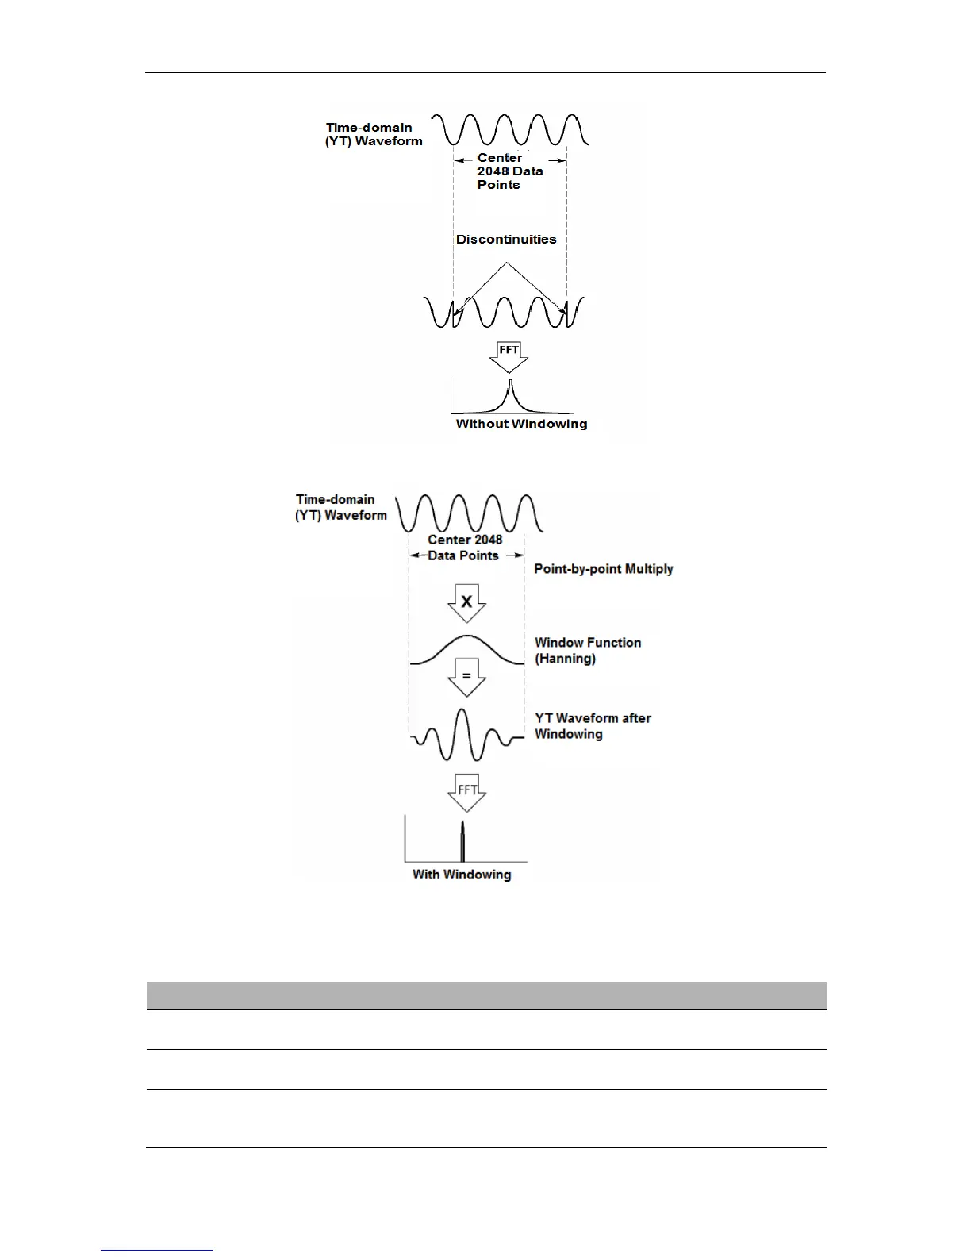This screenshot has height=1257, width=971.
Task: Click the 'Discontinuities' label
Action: (506, 239)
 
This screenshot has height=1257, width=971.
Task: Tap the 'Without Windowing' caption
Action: (521, 424)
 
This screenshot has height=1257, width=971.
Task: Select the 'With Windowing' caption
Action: (462, 875)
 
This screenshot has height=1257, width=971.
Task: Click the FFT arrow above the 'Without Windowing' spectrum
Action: (509, 356)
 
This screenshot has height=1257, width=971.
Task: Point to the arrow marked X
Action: (466, 604)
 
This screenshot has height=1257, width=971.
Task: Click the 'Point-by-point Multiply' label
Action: (604, 569)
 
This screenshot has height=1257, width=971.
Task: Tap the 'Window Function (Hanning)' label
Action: (588, 651)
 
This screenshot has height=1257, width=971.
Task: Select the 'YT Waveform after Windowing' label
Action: (593, 726)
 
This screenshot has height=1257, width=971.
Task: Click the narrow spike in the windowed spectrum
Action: (462, 841)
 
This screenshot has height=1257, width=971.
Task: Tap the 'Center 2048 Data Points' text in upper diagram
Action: (509, 171)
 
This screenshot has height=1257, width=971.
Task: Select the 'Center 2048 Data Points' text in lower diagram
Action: (465, 548)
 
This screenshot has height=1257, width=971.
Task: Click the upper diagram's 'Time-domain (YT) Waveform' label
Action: (374, 134)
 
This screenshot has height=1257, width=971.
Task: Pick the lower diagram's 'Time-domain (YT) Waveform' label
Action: (341, 507)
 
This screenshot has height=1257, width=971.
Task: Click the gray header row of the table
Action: (486, 996)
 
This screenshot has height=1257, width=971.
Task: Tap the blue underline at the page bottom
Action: (157, 1250)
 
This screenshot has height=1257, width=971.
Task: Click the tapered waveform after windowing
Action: (466, 736)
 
